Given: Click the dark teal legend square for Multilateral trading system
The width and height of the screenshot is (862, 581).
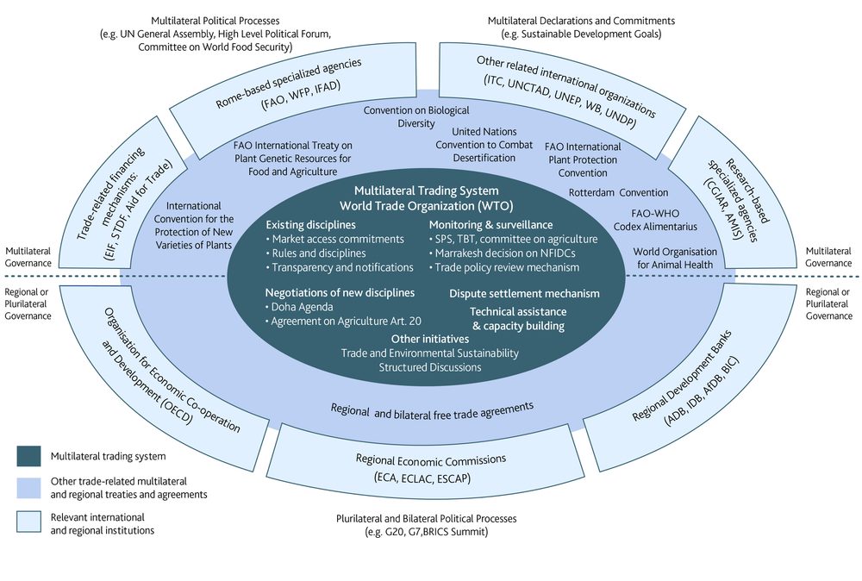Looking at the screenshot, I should (28, 454).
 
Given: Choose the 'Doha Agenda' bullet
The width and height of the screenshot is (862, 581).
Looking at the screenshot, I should (303, 308).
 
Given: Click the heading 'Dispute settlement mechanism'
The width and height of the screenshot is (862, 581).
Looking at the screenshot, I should (524, 294).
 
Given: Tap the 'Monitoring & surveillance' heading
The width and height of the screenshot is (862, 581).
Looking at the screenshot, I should (490, 224).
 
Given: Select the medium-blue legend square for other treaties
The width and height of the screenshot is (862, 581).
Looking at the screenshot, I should (28, 485).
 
